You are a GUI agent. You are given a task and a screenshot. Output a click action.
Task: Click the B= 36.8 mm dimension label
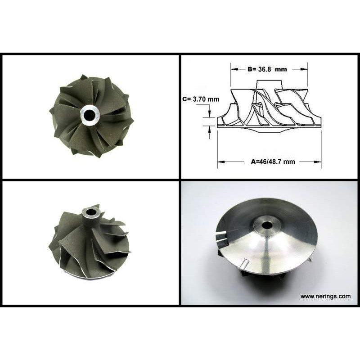pyautogui.click(x=267, y=69)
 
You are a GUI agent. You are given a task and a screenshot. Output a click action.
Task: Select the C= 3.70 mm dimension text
pyautogui.click(x=201, y=99)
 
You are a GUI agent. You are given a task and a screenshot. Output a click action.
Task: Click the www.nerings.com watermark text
pyautogui.click(x=325, y=297)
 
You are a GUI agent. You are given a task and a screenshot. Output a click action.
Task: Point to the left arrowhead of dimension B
pyautogui.click(x=234, y=69)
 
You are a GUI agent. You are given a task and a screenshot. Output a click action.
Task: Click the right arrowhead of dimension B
pyautogui.click(x=304, y=69)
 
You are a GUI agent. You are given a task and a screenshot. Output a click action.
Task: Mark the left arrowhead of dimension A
pyautogui.click(x=221, y=162)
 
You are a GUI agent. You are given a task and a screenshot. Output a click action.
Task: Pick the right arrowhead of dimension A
pyautogui.click(x=318, y=162)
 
